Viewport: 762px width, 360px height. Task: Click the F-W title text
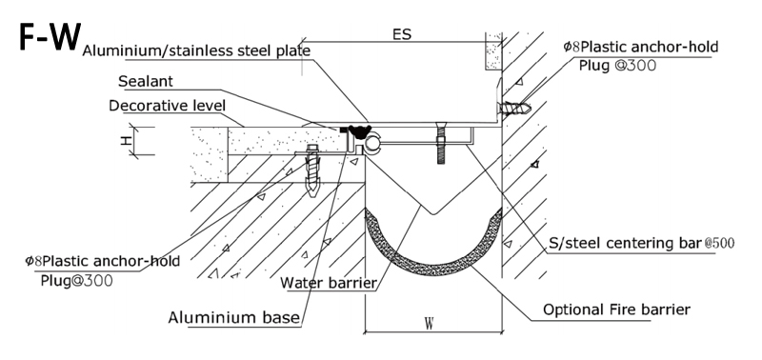(x=50, y=36)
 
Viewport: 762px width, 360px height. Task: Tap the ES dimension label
(x=401, y=34)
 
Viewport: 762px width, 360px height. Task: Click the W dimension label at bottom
(x=429, y=324)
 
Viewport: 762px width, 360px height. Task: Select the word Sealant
(x=146, y=81)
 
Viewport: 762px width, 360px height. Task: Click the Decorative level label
(x=168, y=106)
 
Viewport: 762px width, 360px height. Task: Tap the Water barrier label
(x=329, y=282)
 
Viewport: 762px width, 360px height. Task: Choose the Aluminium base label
(x=233, y=318)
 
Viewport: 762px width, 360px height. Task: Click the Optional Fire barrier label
(x=616, y=310)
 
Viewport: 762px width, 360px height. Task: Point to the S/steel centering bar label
(x=626, y=242)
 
